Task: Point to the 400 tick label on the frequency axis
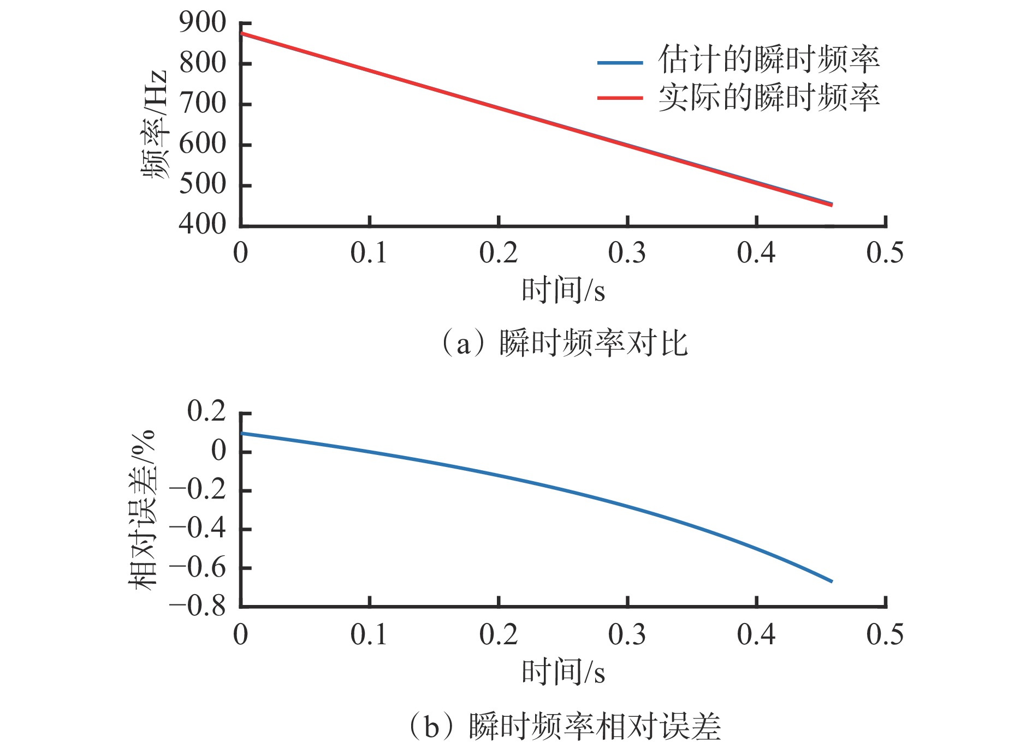click(x=202, y=224)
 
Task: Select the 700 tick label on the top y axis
click(x=202, y=103)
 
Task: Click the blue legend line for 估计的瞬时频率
click(x=620, y=63)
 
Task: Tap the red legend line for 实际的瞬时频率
click(x=620, y=98)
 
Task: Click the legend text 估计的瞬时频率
click(x=768, y=59)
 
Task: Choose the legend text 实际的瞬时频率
click(x=768, y=98)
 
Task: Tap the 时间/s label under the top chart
click(x=563, y=290)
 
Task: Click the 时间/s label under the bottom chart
click(x=563, y=672)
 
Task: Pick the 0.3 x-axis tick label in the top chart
click(x=627, y=253)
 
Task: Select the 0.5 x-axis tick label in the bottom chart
click(x=885, y=635)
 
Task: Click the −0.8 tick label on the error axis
click(x=197, y=606)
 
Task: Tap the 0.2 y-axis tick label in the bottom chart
click(x=206, y=412)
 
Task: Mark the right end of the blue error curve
click(x=832, y=582)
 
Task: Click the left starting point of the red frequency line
click(x=242, y=34)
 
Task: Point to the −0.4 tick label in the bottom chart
click(x=197, y=529)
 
